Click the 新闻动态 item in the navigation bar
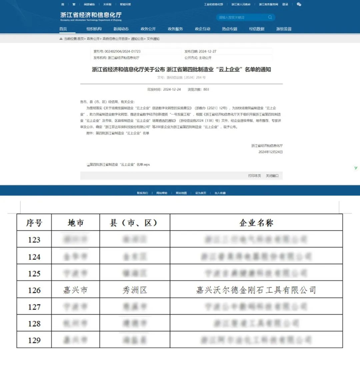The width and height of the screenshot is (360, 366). (121, 29)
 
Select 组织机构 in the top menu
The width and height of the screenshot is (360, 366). (94, 29)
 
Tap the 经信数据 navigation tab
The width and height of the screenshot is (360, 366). (257, 29)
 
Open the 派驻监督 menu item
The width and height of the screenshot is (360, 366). (284, 29)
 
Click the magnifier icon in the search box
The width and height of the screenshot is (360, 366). (270, 17)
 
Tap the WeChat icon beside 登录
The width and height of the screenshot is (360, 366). (299, 4)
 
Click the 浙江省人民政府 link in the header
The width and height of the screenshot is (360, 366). (241, 5)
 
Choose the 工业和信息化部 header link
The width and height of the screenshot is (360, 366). (213, 5)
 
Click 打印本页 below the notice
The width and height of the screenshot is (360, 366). (254, 176)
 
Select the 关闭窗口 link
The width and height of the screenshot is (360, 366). (272, 176)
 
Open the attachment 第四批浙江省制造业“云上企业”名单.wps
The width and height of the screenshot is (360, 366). (119, 164)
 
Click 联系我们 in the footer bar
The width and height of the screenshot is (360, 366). (142, 193)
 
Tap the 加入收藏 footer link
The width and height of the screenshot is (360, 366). (220, 193)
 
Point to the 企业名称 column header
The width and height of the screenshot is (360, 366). (256, 223)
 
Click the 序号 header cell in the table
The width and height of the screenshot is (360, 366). (34, 223)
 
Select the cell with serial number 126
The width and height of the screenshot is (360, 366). (34, 290)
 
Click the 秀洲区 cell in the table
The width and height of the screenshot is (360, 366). (135, 290)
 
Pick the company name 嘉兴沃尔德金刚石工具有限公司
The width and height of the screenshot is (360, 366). (256, 290)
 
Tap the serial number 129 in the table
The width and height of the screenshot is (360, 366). (34, 340)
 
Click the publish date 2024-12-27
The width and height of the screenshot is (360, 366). (207, 52)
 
